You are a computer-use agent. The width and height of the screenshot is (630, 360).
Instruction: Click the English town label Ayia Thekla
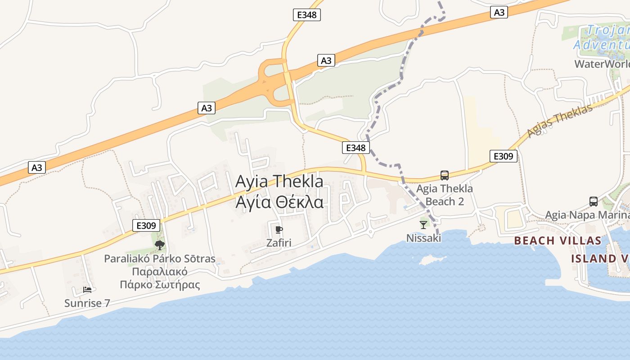coord(279,181)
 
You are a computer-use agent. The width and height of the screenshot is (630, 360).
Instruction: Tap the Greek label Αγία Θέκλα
coord(279,202)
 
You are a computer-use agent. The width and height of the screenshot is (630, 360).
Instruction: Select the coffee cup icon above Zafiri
coord(279,230)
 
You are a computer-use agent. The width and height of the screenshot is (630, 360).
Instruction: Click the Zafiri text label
coord(279,243)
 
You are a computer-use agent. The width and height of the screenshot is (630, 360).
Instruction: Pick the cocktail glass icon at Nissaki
coord(423,225)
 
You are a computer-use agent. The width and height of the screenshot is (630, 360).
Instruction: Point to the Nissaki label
coord(423,238)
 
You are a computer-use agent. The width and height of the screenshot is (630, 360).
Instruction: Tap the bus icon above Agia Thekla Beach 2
coord(445,175)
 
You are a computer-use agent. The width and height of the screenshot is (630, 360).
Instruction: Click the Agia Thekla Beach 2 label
coord(445,195)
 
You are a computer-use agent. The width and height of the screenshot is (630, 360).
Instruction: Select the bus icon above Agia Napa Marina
coord(594,202)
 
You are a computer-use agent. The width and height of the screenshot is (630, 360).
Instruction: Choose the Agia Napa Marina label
coord(587,215)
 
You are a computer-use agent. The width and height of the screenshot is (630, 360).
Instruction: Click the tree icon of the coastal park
coord(159,245)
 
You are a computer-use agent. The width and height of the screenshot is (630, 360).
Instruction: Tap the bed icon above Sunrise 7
coord(87,289)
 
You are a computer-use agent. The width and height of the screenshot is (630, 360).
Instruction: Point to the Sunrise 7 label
coord(87,303)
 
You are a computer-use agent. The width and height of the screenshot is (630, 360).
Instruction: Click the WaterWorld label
coord(602,63)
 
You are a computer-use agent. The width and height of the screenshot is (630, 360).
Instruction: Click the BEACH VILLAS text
coord(558,240)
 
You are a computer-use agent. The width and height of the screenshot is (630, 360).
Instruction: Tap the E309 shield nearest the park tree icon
coord(146,225)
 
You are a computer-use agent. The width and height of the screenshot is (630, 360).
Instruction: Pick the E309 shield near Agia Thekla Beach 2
coord(503,156)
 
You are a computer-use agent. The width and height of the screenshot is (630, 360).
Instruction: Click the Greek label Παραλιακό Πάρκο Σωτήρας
coord(160,278)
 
